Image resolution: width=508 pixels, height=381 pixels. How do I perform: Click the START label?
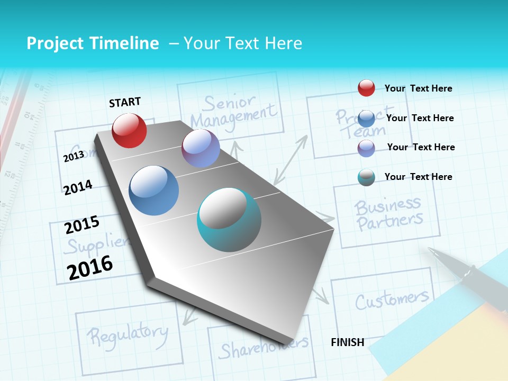pos(125,102)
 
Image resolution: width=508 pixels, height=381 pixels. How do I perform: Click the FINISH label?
pos(347,342)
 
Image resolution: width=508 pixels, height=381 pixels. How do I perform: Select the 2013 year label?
pos(74,156)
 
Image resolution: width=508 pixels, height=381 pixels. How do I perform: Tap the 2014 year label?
pos(78,187)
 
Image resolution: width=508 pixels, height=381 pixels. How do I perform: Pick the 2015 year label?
pos(81,225)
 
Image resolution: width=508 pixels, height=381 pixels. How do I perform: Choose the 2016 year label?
pos(90,268)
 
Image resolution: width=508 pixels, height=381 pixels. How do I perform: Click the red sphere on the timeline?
pos(129,130)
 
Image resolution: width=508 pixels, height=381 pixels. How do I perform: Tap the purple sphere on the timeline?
pos(201,148)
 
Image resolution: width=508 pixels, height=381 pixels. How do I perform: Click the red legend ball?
pos(366,88)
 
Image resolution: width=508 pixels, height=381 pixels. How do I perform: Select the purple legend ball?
pos(366,148)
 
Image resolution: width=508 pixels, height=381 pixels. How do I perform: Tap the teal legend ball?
pos(366,177)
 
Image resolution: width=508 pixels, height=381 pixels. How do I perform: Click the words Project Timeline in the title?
pos(93,43)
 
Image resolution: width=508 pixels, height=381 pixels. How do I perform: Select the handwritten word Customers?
pos(391,300)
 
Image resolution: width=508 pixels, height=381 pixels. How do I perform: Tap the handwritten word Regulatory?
pos(127,333)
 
